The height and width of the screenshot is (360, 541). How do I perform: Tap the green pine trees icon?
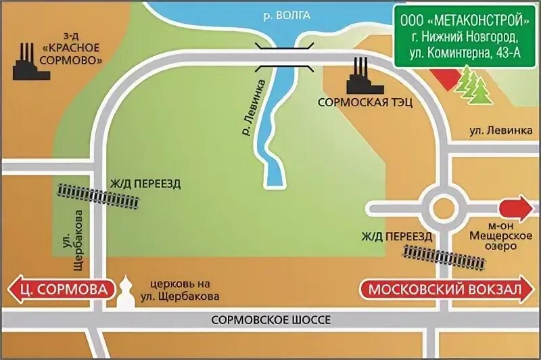[474, 86]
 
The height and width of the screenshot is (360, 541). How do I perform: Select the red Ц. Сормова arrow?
[60, 290]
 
